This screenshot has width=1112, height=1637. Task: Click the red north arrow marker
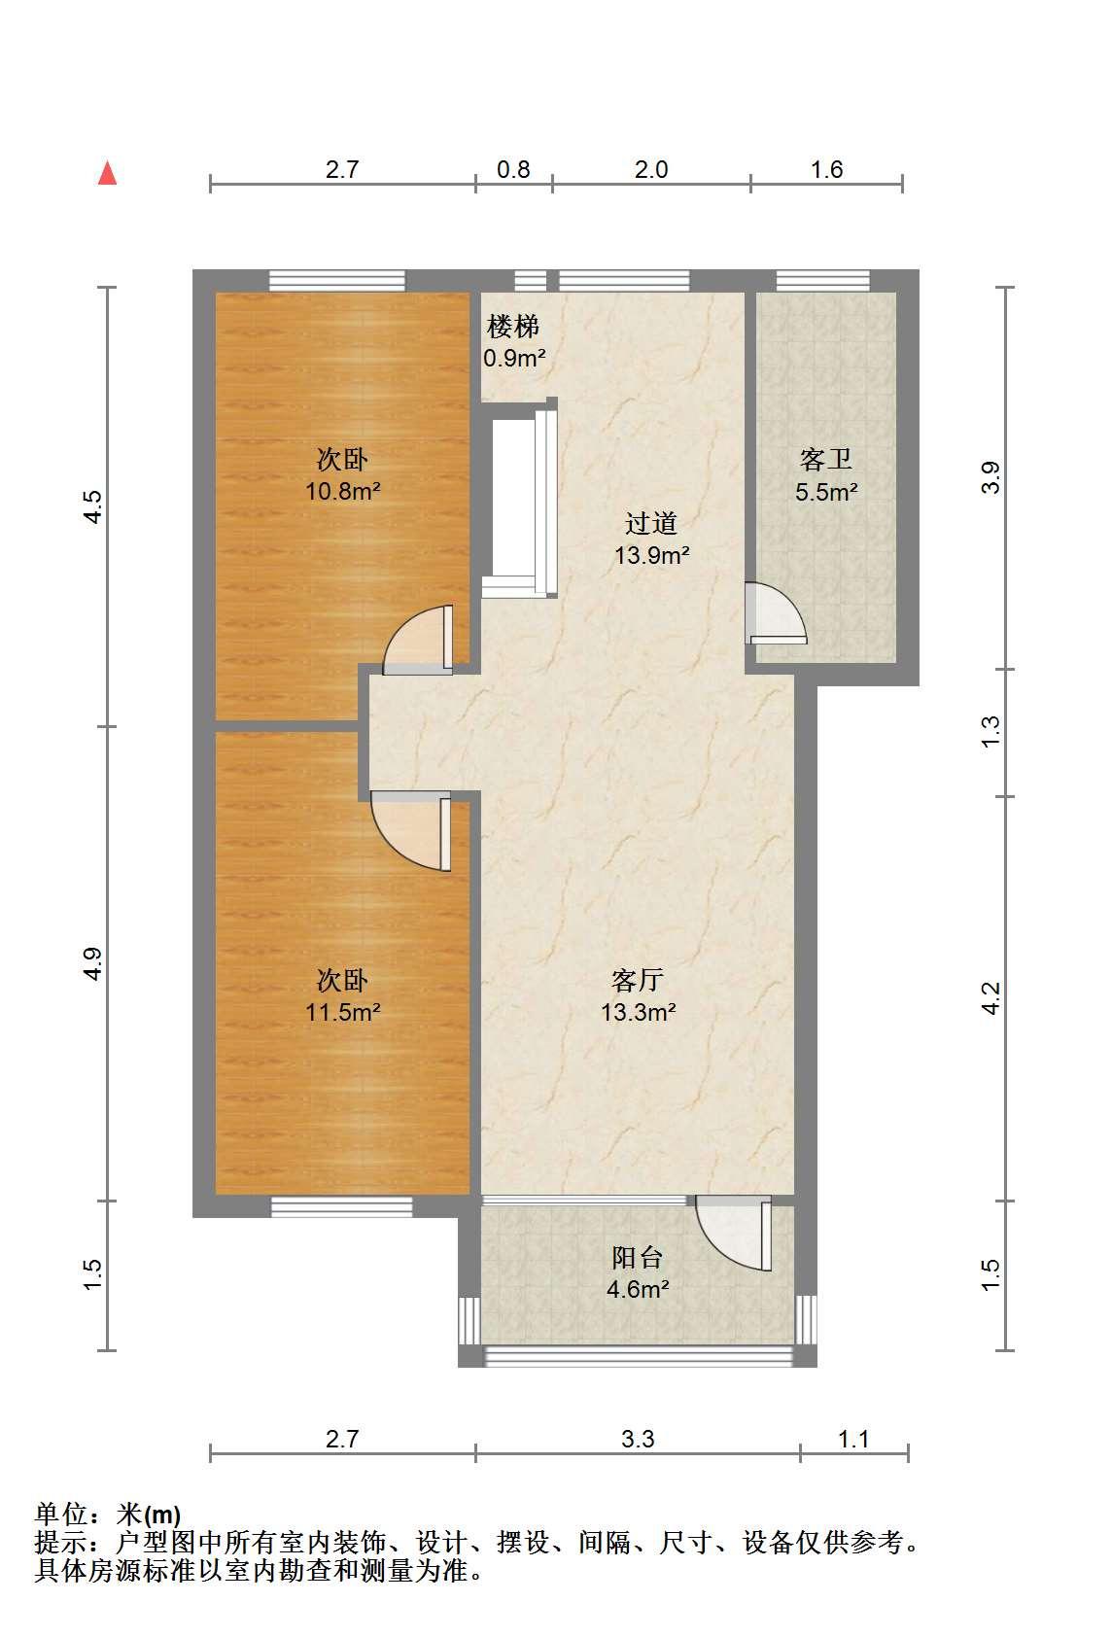pyautogui.click(x=107, y=173)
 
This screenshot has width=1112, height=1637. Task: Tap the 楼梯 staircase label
pyautogui.click(x=513, y=326)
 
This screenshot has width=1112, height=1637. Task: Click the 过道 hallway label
pyautogui.click(x=651, y=523)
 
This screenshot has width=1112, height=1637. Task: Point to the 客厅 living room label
pyautogui.click(x=638, y=979)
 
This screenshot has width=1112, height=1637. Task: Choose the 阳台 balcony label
pyautogui.click(x=638, y=1257)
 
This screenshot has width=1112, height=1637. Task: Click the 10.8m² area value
pyautogui.click(x=343, y=491)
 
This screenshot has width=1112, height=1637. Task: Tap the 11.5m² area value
pyautogui.click(x=343, y=1012)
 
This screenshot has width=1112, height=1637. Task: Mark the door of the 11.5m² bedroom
pyautogui.click(x=410, y=831)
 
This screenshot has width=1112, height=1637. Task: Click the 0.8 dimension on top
pyautogui.click(x=513, y=169)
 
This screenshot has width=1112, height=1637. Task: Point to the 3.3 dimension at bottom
pyautogui.click(x=638, y=1439)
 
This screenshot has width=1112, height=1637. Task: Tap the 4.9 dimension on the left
pyautogui.click(x=92, y=963)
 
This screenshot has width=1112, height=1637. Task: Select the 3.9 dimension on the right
pyautogui.click(x=990, y=478)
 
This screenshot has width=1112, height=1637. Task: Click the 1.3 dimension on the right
pyautogui.click(x=990, y=732)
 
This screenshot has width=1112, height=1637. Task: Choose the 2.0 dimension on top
pyautogui.click(x=651, y=169)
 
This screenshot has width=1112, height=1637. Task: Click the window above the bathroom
pyautogui.click(x=822, y=281)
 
